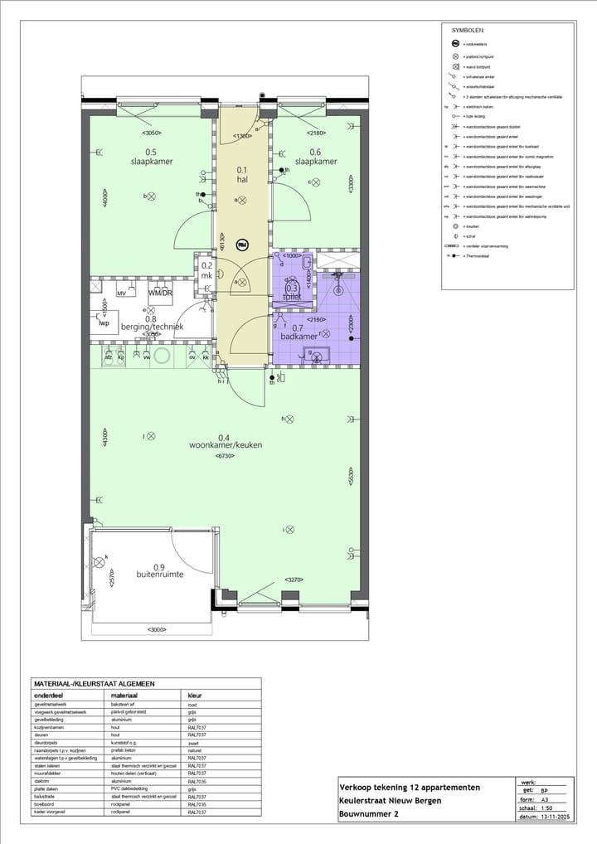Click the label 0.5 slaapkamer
click(x=151, y=157)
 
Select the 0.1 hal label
click(x=241, y=175)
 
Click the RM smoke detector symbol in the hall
click(x=243, y=245)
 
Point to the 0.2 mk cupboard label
click(x=206, y=271)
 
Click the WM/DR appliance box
click(x=160, y=293)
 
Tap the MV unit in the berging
click(x=121, y=293)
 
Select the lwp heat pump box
click(x=104, y=323)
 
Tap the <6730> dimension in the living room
click(x=225, y=457)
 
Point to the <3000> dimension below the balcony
click(x=156, y=630)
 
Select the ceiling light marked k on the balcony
click(x=100, y=563)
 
